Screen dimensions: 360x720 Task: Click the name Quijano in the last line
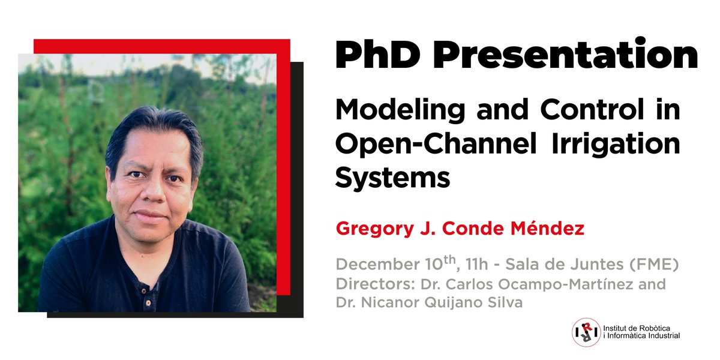[446, 302]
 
